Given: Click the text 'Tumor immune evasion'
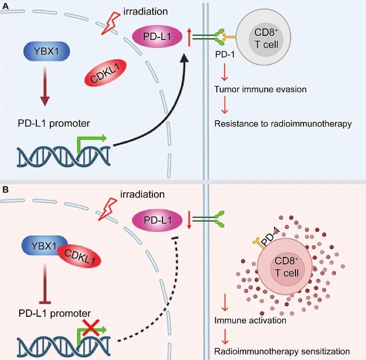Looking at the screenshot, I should point(260,89).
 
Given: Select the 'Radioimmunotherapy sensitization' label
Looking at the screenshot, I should point(282,351).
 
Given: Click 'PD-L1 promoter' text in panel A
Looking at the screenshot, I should point(52,124).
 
